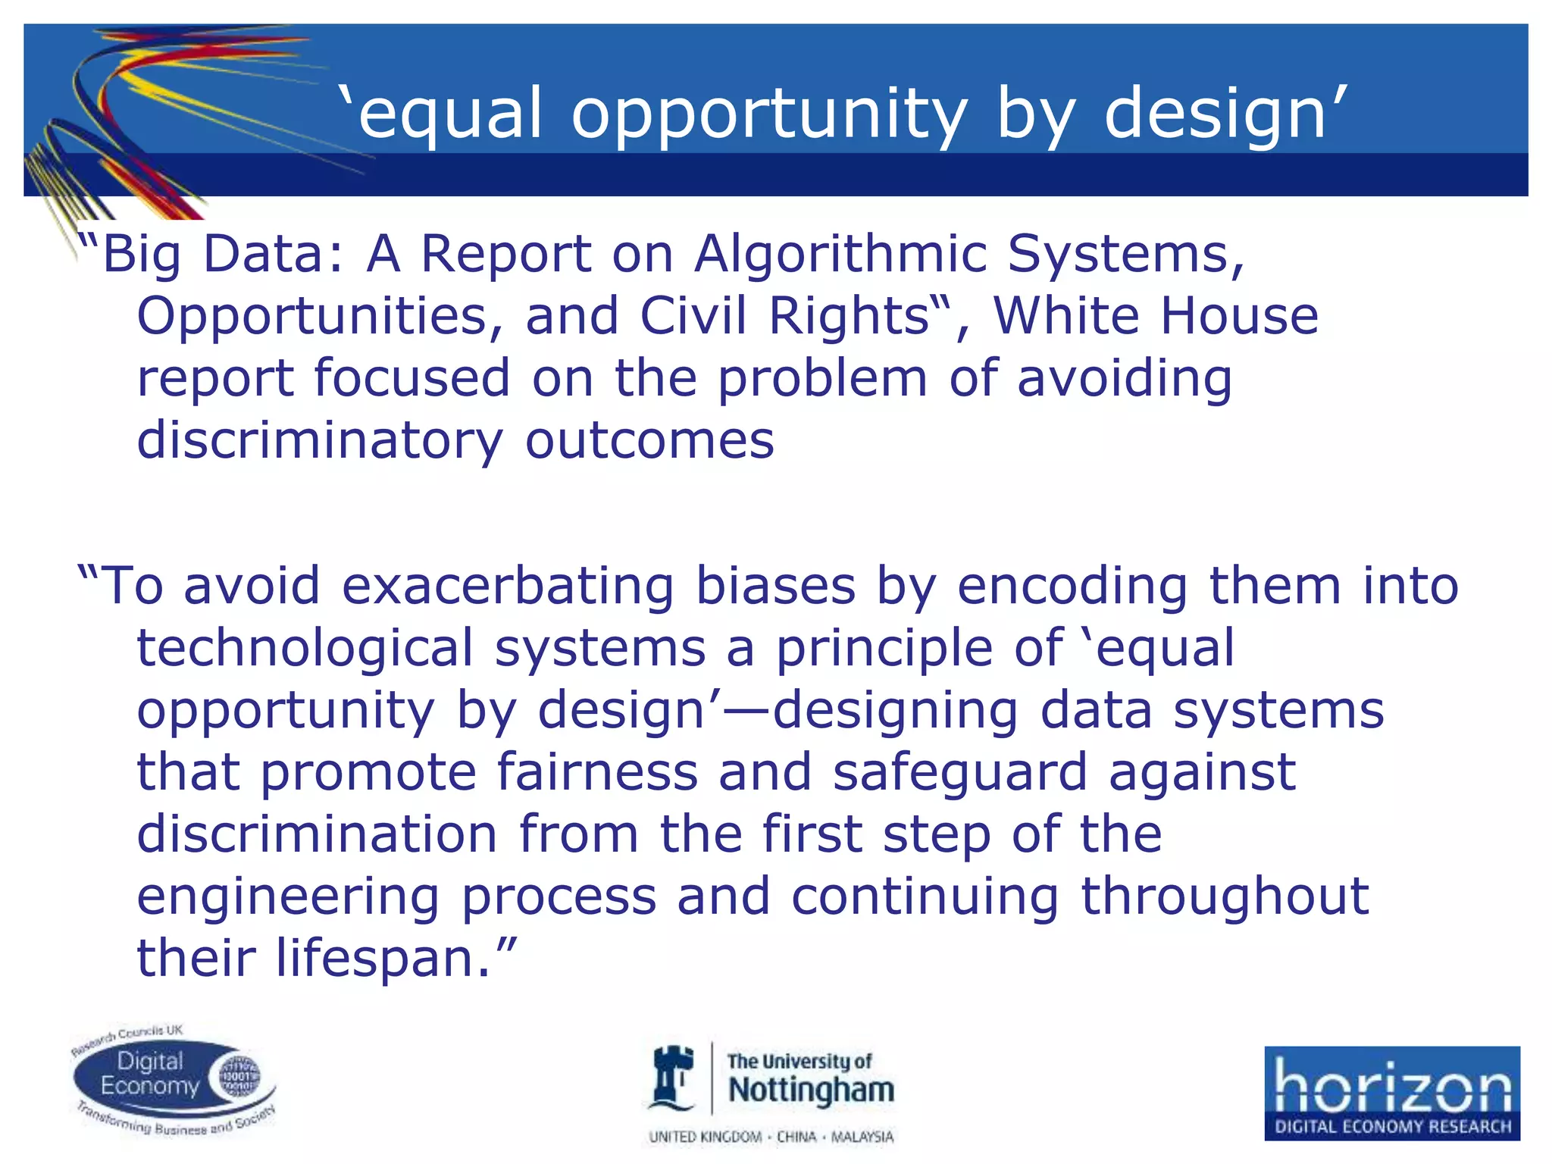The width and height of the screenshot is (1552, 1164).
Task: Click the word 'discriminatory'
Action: [319, 441]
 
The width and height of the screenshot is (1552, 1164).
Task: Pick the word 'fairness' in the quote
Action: [597, 772]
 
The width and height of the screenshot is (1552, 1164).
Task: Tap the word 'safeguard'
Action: [959, 772]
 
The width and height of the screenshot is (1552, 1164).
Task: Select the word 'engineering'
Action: [288, 896]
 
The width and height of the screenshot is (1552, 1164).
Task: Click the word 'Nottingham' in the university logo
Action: [811, 1090]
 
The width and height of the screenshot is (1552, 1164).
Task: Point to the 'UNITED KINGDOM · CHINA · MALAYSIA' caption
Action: [771, 1137]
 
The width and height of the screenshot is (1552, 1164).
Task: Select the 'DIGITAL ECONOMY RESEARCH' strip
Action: [1391, 1126]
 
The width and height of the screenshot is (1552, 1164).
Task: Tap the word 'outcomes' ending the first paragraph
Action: [649, 441]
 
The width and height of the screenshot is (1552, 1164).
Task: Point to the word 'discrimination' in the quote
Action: [317, 834]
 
